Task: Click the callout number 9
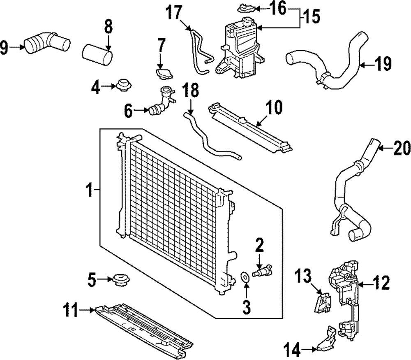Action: [x=5, y=49]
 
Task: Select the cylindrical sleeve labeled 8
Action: [x=98, y=56]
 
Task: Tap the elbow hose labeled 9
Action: [x=46, y=44]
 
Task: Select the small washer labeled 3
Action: [x=245, y=277]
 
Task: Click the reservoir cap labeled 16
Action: [x=246, y=7]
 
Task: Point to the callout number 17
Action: [x=174, y=12]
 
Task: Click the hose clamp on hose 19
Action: [x=325, y=77]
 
